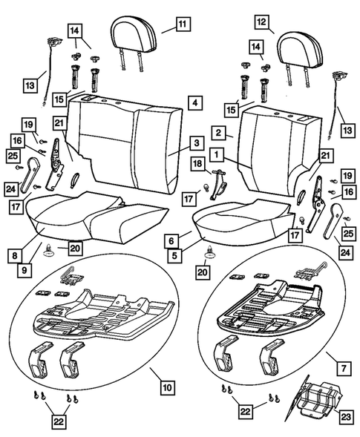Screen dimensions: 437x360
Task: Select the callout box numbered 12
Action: (261, 23)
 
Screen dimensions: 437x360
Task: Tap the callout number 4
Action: (193, 102)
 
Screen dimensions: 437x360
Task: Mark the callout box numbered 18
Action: (197, 163)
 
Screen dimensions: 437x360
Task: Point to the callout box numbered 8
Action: (14, 253)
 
